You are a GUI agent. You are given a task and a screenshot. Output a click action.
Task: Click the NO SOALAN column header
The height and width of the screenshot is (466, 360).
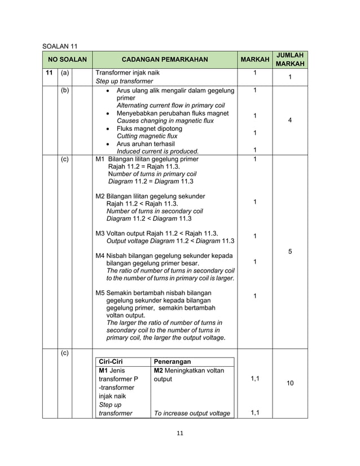(67, 59)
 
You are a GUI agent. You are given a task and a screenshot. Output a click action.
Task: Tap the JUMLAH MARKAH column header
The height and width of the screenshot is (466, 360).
(290, 59)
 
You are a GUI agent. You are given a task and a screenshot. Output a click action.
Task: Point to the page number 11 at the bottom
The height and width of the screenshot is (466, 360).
(180, 433)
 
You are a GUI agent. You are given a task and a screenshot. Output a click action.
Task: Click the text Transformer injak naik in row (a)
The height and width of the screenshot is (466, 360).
(128, 73)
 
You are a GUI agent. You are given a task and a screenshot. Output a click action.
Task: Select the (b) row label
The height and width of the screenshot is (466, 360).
(64, 90)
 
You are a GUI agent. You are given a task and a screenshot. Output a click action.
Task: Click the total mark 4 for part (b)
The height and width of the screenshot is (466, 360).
(289, 120)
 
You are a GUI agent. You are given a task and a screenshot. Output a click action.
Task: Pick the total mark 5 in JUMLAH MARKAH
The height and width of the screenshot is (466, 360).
(289, 251)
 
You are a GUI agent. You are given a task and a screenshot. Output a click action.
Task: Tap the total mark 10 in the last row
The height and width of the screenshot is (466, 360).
(289, 384)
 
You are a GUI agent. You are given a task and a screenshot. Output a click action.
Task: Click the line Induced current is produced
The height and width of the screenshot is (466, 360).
(157, 151)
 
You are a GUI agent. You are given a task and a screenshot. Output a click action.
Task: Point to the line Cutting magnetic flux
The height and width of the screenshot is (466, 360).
(147, 136)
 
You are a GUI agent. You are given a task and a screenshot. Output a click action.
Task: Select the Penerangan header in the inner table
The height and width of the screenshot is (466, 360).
(172, 362)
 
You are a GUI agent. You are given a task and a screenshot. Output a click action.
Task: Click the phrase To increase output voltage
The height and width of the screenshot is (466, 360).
(192, 414)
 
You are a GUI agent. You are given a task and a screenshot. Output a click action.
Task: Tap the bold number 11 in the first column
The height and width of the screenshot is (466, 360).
(49, 73)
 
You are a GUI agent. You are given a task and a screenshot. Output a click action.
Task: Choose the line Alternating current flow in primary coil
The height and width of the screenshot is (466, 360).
(170, 105)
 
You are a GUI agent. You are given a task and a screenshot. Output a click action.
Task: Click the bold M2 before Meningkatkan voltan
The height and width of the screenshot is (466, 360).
(159, 370)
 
